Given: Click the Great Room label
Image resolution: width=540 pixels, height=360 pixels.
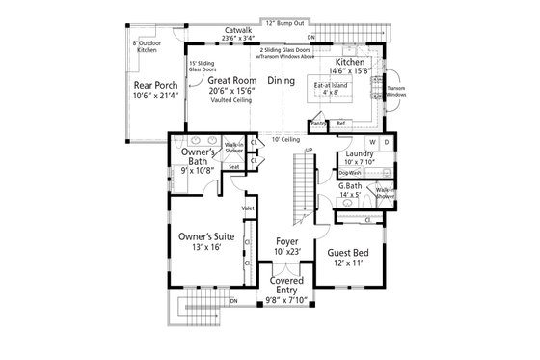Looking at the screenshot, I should (231, 81).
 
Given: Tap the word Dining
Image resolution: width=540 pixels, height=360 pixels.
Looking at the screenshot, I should (281, 81).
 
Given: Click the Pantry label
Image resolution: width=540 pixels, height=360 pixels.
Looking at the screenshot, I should (319, 124).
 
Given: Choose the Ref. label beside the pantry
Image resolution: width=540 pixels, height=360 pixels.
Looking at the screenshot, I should (340, 124).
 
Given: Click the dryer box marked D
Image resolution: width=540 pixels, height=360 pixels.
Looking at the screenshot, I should (386, 143).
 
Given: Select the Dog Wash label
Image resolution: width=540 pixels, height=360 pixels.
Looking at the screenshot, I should (349, 173).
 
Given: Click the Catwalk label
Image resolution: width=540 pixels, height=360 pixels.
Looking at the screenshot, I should (238, 30).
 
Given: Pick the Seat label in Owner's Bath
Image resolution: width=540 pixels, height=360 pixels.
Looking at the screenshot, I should (234, 167).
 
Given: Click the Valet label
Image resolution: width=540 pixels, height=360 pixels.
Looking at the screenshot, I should (248, 208).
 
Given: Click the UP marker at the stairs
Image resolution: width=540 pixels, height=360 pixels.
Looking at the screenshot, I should (309, 150).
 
